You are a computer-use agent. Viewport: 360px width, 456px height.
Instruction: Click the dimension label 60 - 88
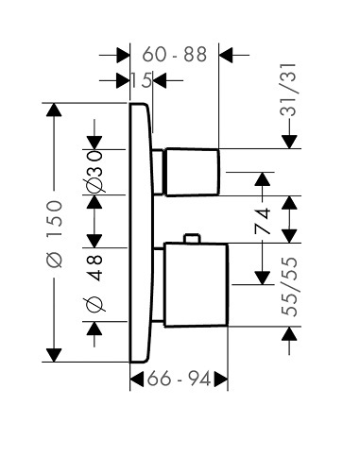[175, 54]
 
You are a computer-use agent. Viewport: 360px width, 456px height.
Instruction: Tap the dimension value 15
[141, 80]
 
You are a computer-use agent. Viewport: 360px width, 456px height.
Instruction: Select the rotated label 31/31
[288, 90]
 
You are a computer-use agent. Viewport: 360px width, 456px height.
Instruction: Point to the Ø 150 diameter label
[54, 233]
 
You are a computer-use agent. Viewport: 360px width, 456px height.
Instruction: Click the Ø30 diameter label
[94, 172]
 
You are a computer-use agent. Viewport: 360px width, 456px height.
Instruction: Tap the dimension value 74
[263, 221]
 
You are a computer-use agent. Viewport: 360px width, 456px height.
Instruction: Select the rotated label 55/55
[289, 287]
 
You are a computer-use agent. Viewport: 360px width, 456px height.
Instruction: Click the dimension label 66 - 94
[179, 379]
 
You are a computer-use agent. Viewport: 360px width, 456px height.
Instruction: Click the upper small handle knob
[192, 172]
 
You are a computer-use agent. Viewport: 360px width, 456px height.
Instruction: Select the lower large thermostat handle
[196, 285]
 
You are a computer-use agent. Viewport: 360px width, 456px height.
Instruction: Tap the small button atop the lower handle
[192, 238]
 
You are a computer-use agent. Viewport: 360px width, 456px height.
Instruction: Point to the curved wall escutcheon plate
[142, 233]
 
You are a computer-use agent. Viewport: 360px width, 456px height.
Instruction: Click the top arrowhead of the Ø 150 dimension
[54, 110]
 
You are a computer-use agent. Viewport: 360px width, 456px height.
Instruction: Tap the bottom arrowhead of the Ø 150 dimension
[54, 355]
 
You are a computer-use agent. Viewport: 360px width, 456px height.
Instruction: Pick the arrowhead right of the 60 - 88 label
[226, 55]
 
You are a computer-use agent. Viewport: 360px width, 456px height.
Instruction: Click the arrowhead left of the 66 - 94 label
[137, 379]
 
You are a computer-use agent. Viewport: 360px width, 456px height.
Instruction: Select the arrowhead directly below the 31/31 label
[289, 142]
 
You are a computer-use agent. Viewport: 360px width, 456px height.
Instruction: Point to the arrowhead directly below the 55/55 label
[289, 333]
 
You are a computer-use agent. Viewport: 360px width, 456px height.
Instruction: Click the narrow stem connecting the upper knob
[158, 172]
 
